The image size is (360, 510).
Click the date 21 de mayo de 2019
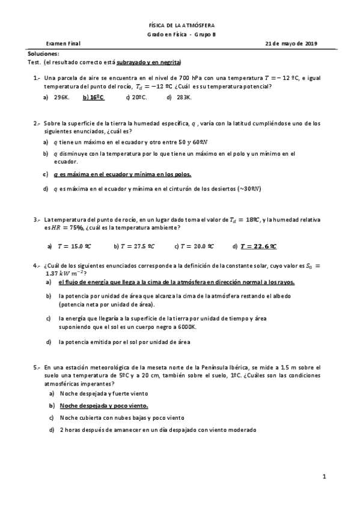pos(291,43)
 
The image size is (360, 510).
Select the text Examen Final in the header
pos(63,43)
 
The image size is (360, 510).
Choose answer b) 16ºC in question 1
pos(94,96)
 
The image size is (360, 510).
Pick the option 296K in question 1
pos(62,96)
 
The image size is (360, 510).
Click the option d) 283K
pos(178,96)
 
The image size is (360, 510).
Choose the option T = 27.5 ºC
pos(138,246)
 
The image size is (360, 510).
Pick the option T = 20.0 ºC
pos(198,246)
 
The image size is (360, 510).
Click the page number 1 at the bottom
pos(324,478)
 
